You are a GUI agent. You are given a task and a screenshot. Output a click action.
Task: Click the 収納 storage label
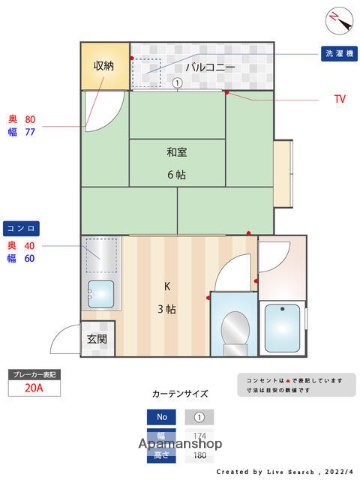point(104,66)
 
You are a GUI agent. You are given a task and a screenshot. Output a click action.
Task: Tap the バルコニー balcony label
point(210,68)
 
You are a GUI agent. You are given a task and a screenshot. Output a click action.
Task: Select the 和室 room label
point(177,152)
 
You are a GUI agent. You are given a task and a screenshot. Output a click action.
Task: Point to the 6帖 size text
point(177,174)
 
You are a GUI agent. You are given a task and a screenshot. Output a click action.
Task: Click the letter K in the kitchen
point(167,286)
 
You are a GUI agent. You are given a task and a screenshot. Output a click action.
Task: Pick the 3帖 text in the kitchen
point(167,309)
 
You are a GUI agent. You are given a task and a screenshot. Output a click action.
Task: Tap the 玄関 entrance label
point(96,339)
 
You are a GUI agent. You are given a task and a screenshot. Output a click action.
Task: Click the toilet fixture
point(235,329)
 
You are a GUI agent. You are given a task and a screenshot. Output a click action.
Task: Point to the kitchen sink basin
point(101,294)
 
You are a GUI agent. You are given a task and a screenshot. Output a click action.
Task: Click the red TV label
point(339,99)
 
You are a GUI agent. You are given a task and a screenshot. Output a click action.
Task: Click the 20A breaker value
point(34,389)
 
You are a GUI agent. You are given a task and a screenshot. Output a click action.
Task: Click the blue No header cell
point(159,417)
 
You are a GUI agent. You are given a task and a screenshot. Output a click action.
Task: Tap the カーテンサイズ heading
point(180,394)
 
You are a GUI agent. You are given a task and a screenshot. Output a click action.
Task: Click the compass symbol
point(334,18)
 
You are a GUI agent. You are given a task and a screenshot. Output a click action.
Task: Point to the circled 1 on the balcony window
point(176,84)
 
